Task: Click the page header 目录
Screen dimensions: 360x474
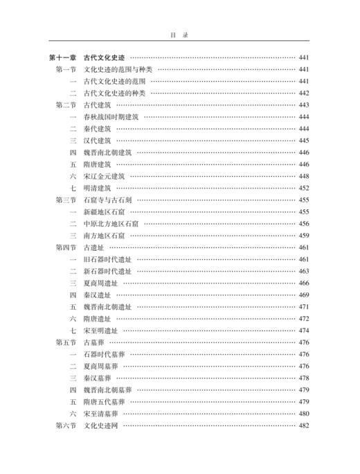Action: click(x=179, y=33)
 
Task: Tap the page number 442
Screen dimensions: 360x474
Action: click(x=304, y=93)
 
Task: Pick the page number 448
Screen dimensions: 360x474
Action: click(x=304, y=176)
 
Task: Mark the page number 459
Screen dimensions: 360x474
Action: click(x=304, y=236)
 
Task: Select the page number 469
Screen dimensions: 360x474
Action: click(x=304, y=295)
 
